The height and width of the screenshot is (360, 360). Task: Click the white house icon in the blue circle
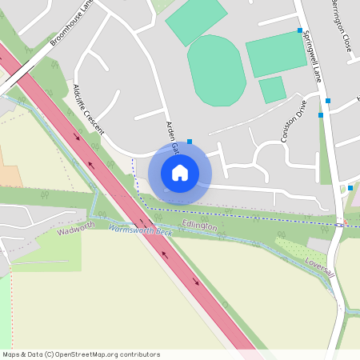(180, 172)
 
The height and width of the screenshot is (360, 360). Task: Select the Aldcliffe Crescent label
(88, 109)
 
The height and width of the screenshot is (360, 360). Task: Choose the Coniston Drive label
(293, 121)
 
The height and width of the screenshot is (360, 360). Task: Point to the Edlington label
(198, 227)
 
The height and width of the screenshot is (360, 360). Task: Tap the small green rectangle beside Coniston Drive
(272, 90)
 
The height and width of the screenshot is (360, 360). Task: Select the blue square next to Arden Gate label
(190, 142)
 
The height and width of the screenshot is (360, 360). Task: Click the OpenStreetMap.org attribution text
(110, 354)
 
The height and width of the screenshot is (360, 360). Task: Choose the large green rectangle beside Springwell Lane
(276, 54)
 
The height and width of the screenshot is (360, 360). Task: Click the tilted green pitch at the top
(196, 21)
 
